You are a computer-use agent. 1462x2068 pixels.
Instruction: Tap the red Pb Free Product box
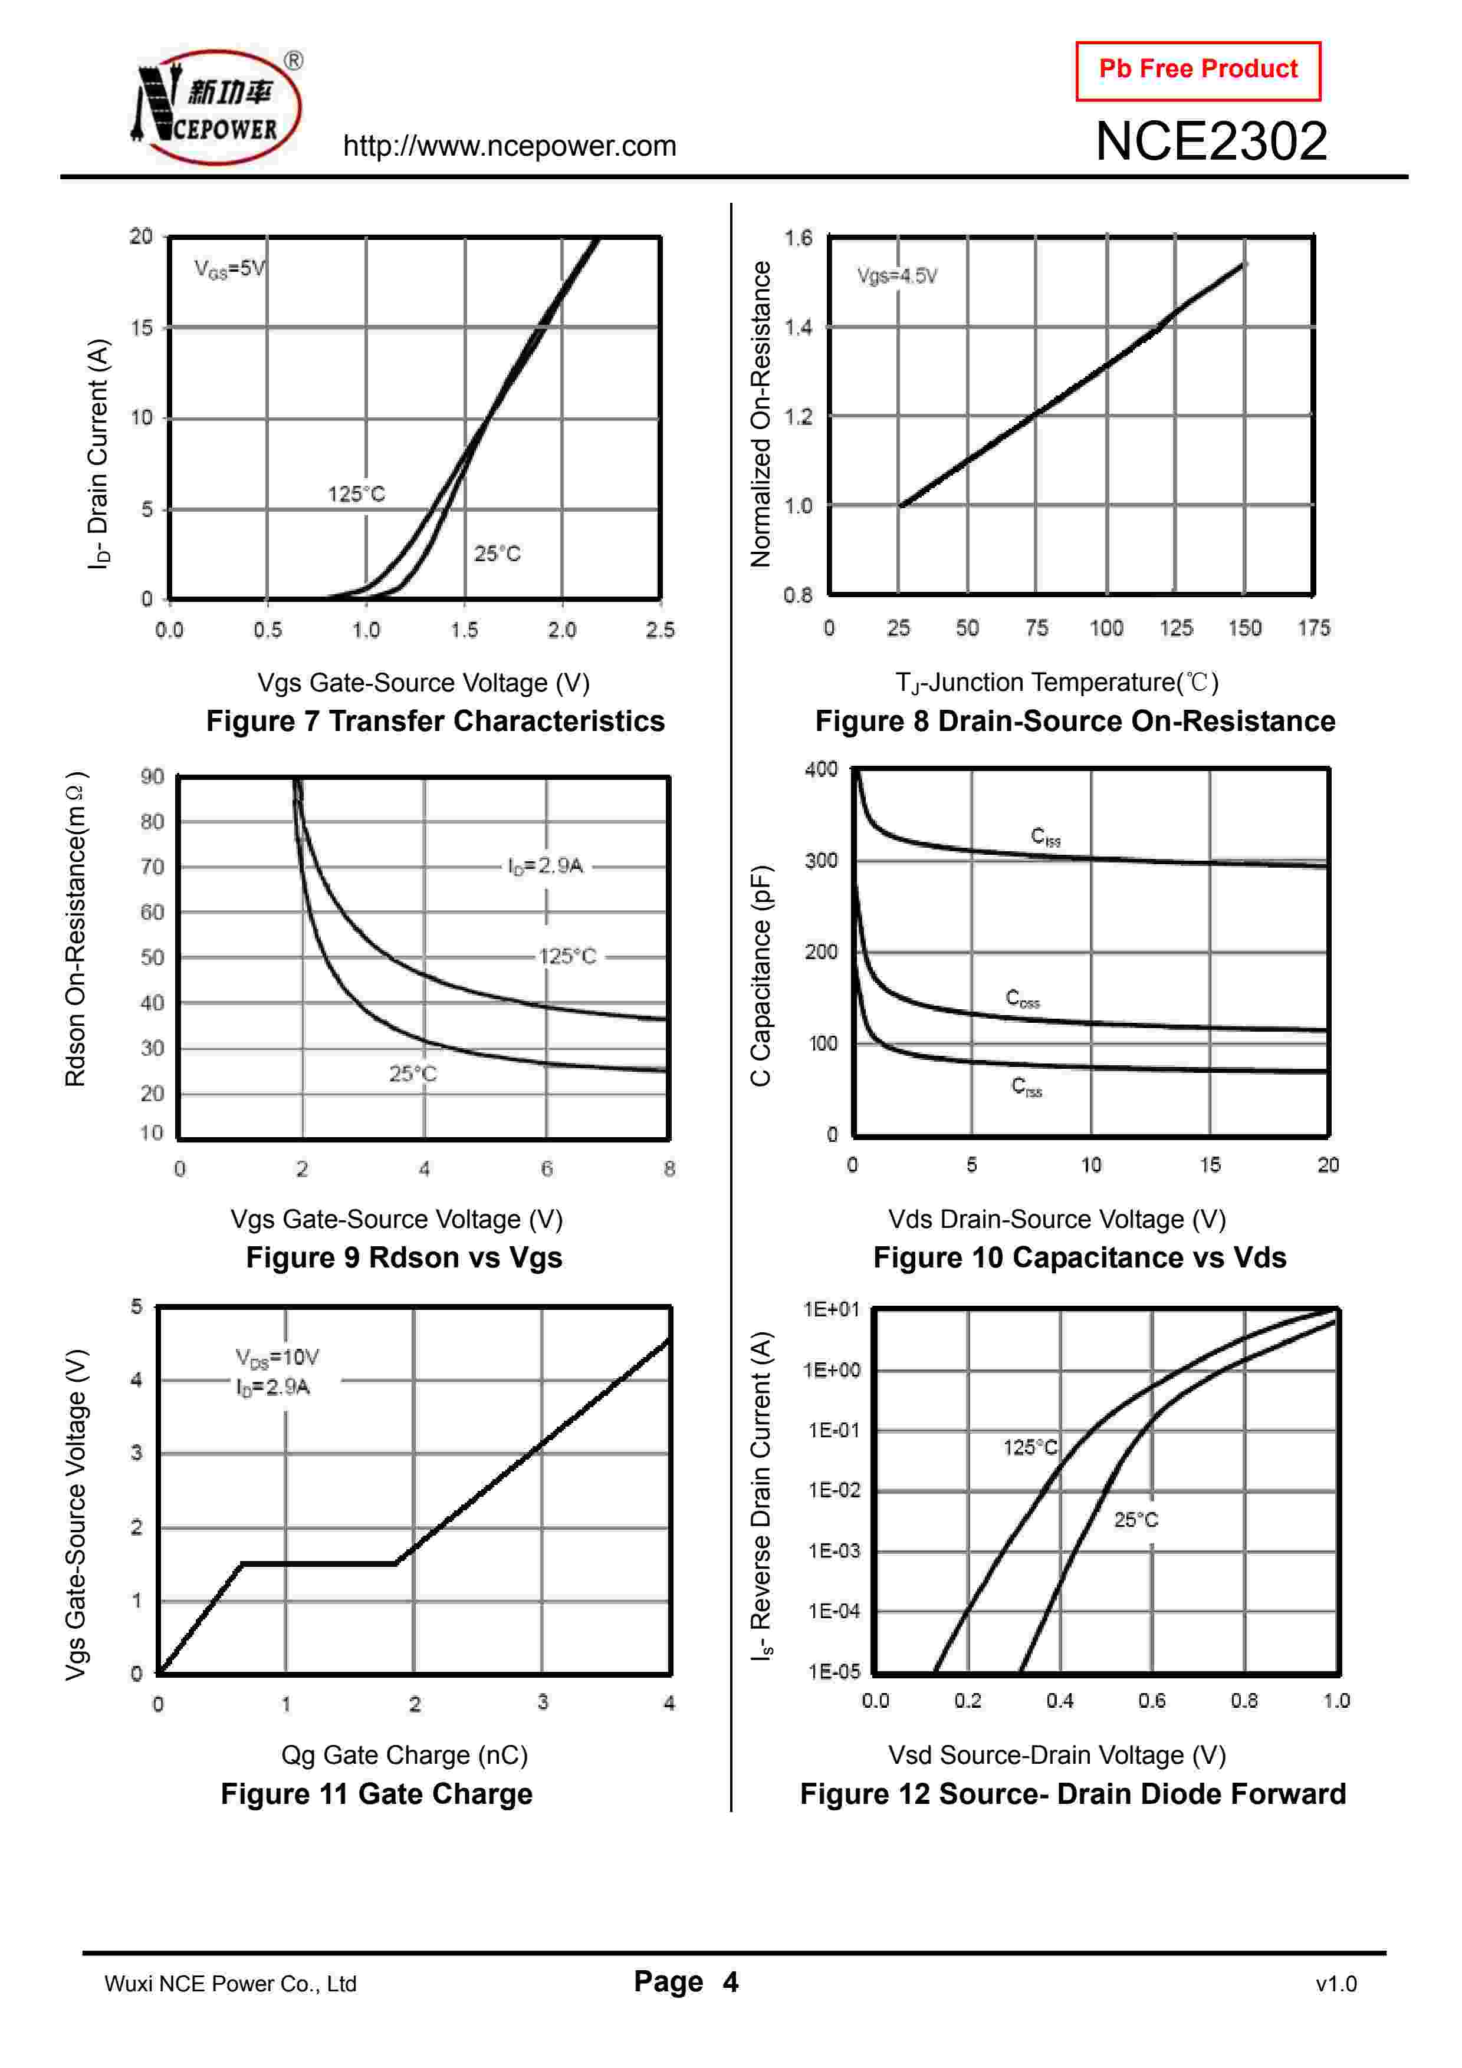[1197, 70]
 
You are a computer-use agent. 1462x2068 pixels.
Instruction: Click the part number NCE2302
[1211, 141]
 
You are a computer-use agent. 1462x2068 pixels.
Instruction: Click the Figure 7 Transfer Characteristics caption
[435, 722]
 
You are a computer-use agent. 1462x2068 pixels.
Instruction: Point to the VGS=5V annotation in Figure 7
[229, 268]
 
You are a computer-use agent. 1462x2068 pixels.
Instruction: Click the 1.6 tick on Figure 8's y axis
[797, 238]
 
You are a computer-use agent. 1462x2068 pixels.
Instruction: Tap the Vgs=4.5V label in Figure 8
[896, 276]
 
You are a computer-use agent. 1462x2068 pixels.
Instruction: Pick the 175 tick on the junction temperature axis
[1313, 628]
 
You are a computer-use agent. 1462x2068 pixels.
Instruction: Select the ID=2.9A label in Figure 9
[546, 865]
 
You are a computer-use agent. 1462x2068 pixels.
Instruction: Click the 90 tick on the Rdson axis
[152, 776]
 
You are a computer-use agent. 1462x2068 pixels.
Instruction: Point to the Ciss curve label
[1045, 837]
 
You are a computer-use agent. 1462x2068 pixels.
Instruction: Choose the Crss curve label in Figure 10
[1026, 1086]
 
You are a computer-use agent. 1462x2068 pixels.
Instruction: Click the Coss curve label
[1023, 998]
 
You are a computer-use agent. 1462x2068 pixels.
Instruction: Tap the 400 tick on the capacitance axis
[820, 768]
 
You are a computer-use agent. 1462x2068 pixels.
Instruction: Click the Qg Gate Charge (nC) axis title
[405, 1754]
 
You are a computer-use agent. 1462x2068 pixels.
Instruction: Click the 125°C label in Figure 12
[1030, 1447]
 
